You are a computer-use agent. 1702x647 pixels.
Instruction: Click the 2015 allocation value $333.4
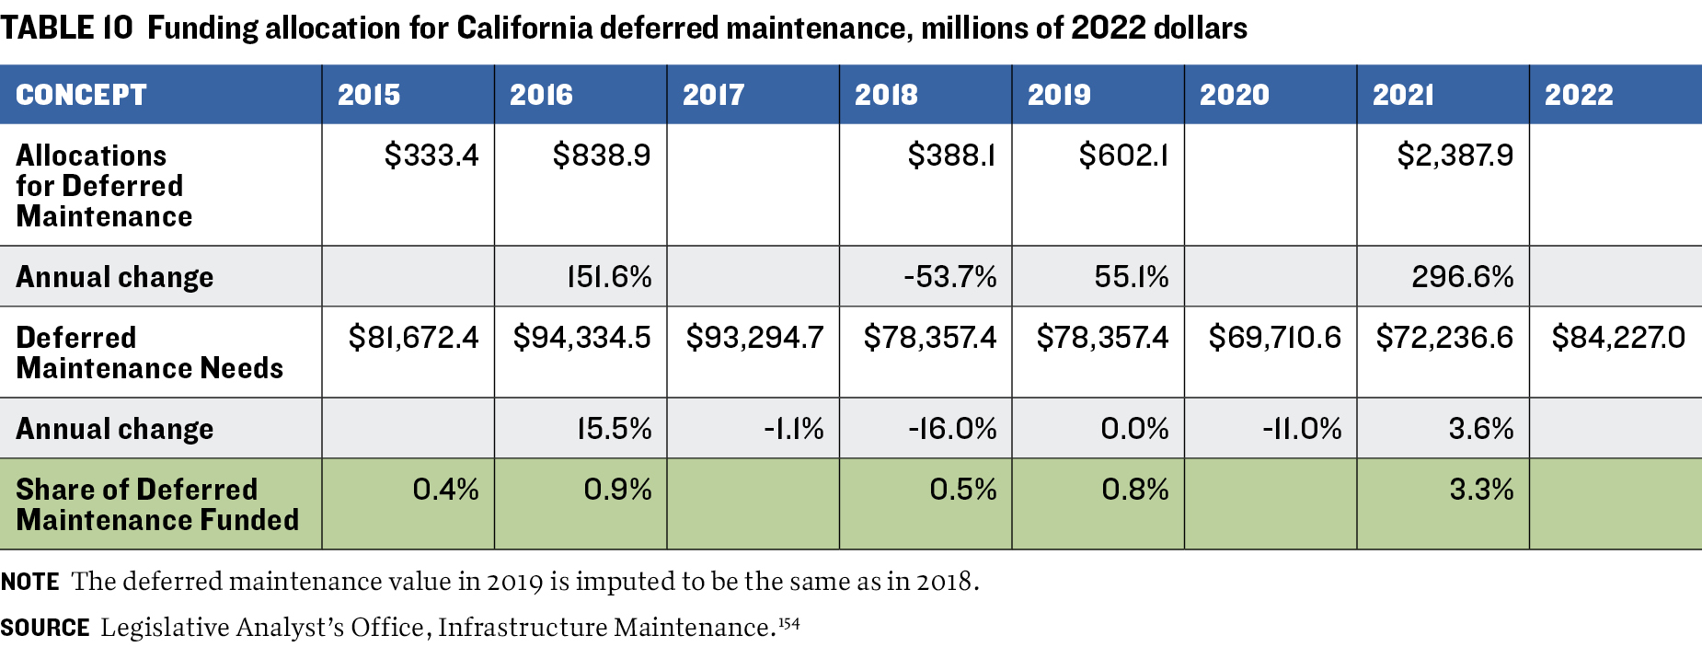pyautogui.click(x=431, y=156)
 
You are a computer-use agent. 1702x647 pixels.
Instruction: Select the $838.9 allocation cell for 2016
pyautogui.click(x=601, y=156)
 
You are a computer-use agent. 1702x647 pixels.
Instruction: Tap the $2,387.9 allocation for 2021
pyautogui.click(x=1455, y=156)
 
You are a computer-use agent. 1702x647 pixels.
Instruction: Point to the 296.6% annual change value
pyautogui.click(x=1462, y=277)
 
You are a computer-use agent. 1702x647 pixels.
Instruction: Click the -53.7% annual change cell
pyautogui.click(x=949, y=277)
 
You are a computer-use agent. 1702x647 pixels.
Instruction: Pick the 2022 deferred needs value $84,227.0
pyautogui.click(x=1617, y=338)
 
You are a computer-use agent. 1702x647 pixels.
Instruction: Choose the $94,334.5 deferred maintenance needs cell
pyautogui.click(x=581, y=338)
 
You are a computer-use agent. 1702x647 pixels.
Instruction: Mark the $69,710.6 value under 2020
pyautogui.click(x=1274, y=338)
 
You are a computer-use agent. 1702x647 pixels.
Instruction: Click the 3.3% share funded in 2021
pyautogui.click(x=1480, y=490)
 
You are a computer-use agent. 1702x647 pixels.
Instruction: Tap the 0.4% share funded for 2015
pyautogui.click(x=445, y=490)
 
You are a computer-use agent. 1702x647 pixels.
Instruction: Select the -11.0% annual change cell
pyautogui.click(x=1301, y=429)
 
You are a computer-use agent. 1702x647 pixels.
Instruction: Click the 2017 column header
pyautogui.click(x=713, y=95)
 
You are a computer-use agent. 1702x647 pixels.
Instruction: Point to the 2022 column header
pyautogui.click(x=1579, y=95)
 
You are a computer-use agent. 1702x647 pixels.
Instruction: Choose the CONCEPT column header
pyautogui.click(x=81, y=95)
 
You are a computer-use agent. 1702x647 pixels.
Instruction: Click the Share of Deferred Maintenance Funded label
pyautogui.click(x=157, y=504)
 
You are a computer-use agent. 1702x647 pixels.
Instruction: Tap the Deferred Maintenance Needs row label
pyautogui.click(x=149, y=352)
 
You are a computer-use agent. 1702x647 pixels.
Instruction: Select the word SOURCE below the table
pyautogui.click(x=45, y=628)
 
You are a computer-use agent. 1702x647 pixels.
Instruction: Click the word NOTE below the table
pyautogui.click(x=30, y=582)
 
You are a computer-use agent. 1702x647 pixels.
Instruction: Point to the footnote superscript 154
pyautogui.click(x=788, y=623)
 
